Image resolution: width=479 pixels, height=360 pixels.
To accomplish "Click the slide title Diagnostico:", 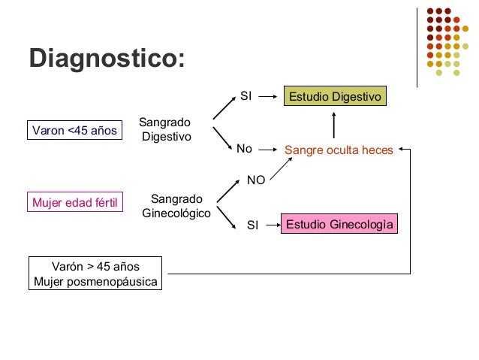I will click(107, 59).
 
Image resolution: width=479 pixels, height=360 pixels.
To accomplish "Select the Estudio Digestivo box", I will click(336, 97).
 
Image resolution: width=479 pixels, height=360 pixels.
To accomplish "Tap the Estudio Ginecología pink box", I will click(339, 225).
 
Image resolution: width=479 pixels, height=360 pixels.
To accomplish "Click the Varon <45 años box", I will click(74, 131).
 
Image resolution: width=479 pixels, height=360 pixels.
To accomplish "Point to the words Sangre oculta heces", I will click(339, 150).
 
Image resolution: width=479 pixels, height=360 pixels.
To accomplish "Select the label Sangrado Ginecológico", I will click(176, 207).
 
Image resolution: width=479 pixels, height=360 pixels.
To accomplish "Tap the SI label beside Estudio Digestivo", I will click(246, 96).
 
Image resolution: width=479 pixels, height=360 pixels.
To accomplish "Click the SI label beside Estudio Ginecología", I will click(253, 225).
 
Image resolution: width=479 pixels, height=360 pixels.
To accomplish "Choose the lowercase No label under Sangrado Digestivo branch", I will click(244, 150).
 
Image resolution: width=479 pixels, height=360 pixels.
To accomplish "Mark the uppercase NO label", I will click(256, 180).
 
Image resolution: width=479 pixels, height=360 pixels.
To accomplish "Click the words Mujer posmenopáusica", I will click(95, 283).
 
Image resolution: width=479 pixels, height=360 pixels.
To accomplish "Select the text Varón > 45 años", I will click(95, 267).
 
